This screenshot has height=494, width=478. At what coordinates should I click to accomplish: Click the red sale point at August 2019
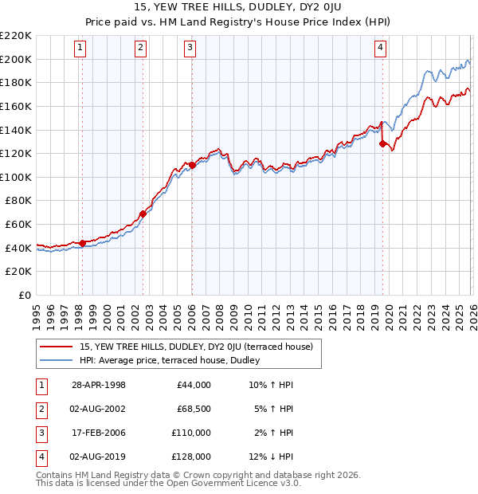pos(382,143)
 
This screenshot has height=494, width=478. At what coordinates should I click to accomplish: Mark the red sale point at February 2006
pos(192,165)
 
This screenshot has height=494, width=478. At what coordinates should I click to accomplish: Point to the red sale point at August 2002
pos(143,214)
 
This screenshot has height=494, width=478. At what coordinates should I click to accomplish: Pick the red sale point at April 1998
pos(82,243)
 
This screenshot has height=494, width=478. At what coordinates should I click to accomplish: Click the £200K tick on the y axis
pos(16,59)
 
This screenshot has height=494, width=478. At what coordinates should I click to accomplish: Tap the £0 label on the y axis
pos(25,295)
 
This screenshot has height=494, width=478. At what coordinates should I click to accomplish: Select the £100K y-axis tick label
pos(16,177)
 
